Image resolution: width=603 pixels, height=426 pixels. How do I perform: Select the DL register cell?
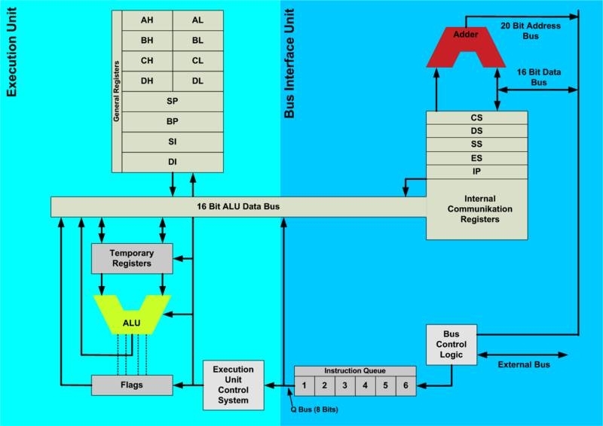tap(197, 81)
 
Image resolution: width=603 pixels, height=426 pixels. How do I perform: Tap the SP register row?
tap(172, 100)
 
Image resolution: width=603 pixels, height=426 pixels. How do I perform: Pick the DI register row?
tap(172, 161)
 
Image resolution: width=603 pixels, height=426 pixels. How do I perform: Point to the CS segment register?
tap(476, 118)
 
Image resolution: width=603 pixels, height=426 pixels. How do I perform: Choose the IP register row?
tap(476, 172)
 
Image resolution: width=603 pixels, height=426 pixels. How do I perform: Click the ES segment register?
tap(476, 159)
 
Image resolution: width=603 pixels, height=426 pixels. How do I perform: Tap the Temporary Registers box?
tap(131, 258)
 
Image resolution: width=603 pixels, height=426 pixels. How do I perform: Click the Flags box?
tap(131, 385)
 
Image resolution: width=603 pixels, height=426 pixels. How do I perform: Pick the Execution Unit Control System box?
tap(237, 385)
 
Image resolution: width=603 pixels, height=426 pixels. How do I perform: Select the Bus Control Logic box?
tap(451, 345)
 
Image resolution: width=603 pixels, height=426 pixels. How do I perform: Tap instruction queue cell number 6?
tap(405, 385)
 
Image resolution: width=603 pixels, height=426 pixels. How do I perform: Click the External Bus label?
tap(523, 365)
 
